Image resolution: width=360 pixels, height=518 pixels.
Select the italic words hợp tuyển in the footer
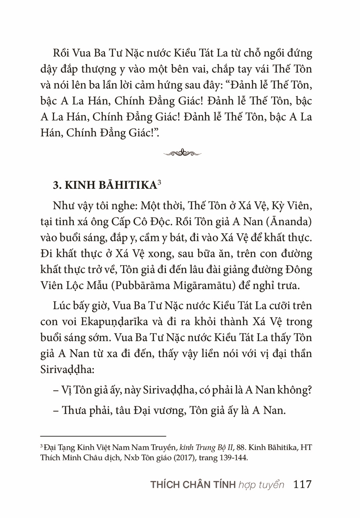[x=261, y=485]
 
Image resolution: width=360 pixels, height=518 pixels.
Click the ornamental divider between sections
[x=182, y=153]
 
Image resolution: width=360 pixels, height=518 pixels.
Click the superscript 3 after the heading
[x=159, y=182]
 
